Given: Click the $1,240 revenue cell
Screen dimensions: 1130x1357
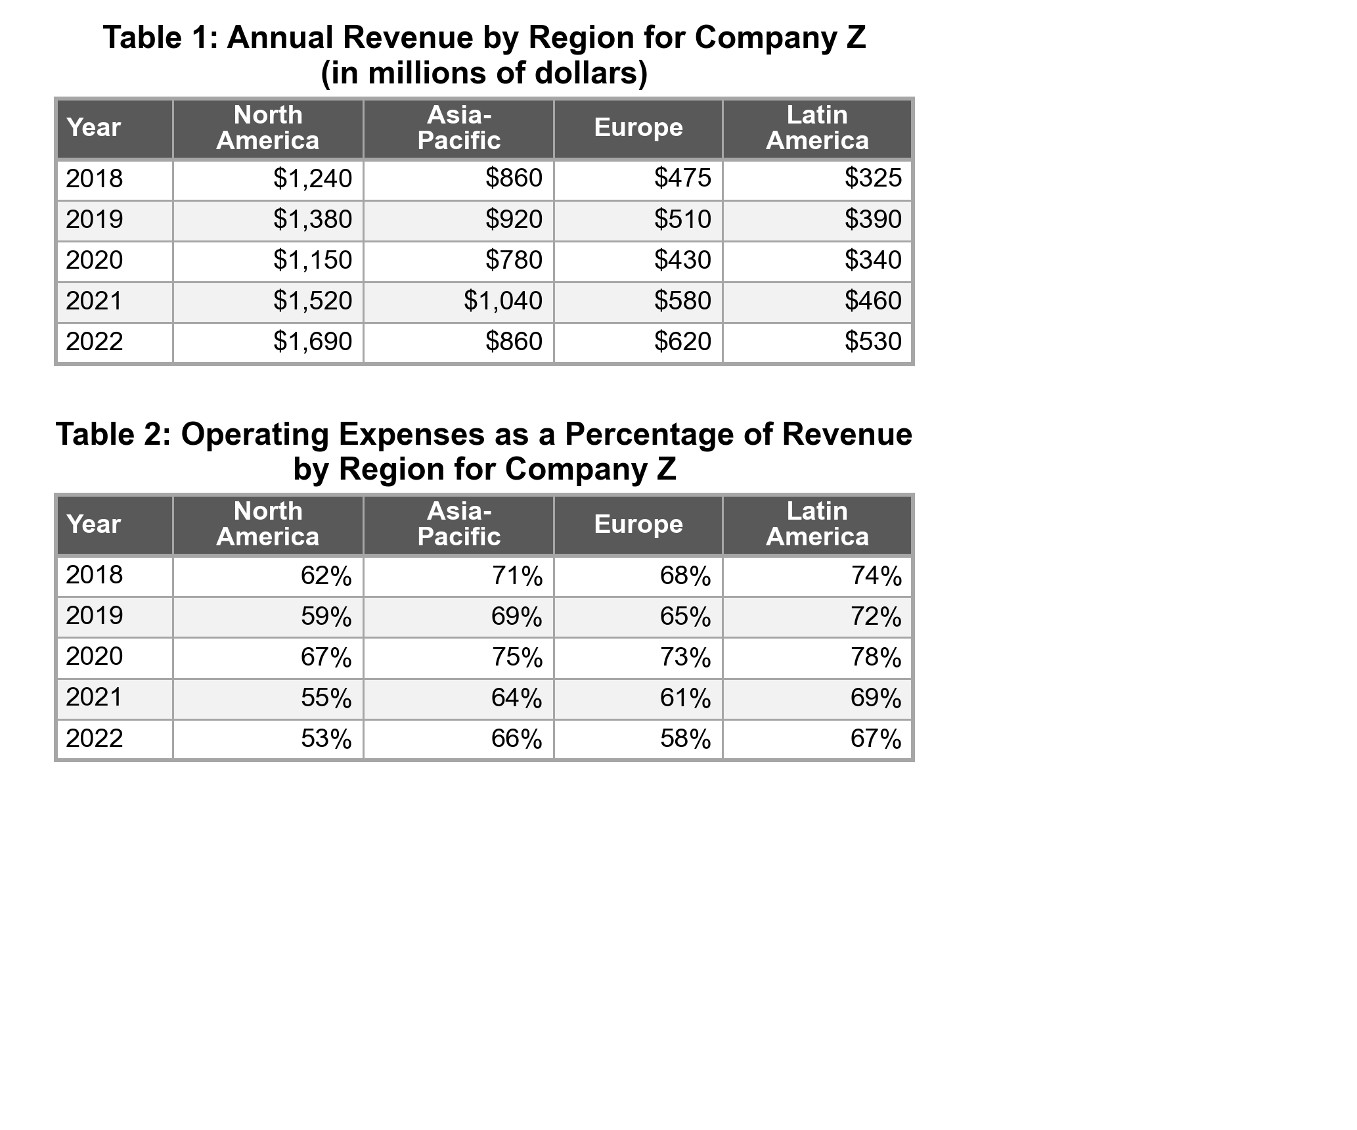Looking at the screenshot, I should click(x=313, y=179).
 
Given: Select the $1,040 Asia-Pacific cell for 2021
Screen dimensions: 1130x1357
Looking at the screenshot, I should click(x=503, y=301).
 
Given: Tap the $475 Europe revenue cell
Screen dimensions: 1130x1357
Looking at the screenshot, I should click(x=682, y=179).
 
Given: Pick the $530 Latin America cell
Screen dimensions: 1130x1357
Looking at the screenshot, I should click(x=873, y=342).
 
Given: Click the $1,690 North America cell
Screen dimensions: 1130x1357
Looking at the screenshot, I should click(x=313, y=342).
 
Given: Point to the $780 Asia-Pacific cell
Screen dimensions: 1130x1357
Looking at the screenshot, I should click(x=514, y=260).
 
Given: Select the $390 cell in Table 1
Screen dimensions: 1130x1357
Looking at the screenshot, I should click(x=873, y=219).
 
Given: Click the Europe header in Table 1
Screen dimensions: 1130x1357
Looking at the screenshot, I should click(x=638, y=127).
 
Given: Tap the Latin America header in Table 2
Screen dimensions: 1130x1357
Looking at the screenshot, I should click(x=817, y=524).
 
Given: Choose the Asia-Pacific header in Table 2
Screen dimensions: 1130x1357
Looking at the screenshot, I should click(x=458, y=524).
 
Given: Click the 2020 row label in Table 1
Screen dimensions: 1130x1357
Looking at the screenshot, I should click(x=95, y=260).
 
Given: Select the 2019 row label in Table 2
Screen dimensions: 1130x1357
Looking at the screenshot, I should click(x=95, y=616).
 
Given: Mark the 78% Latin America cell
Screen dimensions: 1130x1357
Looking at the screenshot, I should click(x=876, y=658).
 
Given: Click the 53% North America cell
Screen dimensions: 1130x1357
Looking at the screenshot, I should click(x=326, y=739).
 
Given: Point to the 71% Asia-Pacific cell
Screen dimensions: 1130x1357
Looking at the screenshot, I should click(x=517, y=576).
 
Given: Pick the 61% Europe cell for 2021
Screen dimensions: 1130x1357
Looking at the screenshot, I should click(x=685, y=698).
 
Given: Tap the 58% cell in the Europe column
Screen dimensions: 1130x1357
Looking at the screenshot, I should click(x=685, y=739).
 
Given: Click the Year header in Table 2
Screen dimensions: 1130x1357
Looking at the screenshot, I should click(x=94, y=524).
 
